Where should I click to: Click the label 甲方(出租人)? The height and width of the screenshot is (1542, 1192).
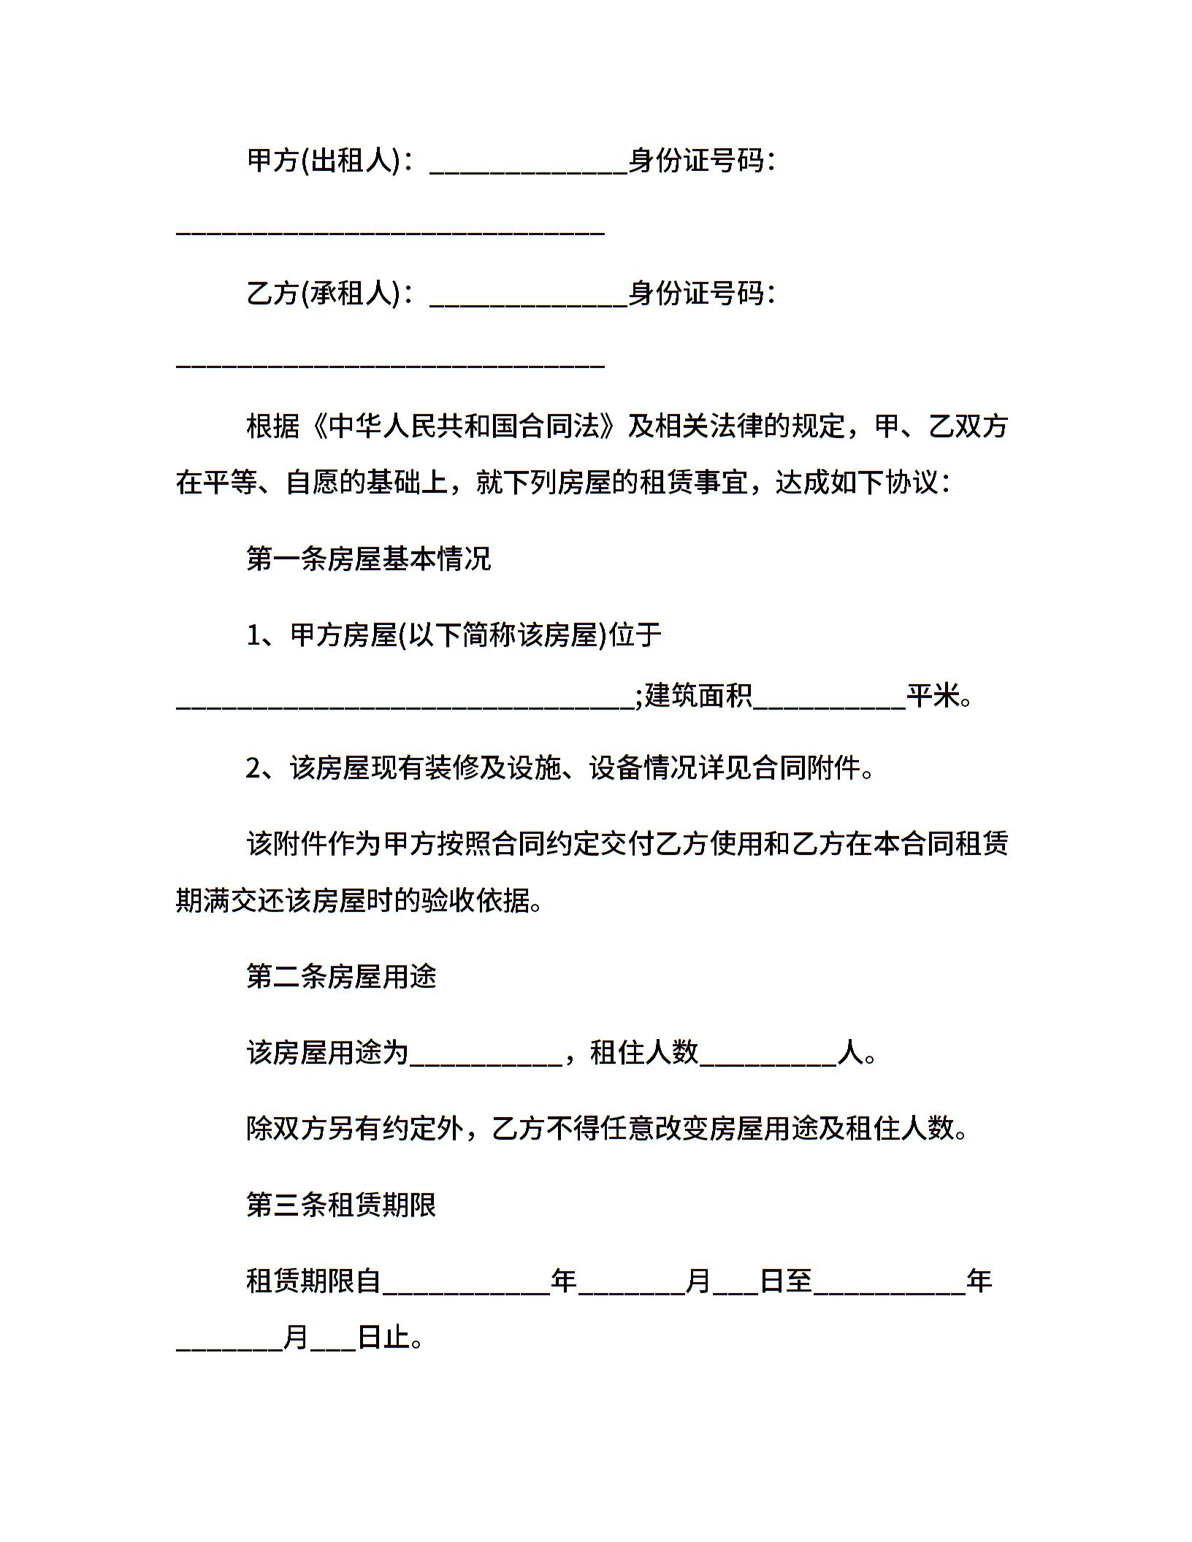click(x=324, y=161)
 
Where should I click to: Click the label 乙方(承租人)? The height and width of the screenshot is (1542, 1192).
click(x=324, y=294)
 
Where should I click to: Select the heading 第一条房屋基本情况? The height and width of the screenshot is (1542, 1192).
click(x=369, y=559)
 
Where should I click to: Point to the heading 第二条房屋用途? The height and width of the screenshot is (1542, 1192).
click(x=341, y=977)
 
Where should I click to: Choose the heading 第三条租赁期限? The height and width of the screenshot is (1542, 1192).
click(x=341, y=1205)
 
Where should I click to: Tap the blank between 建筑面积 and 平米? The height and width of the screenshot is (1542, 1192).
click(x=830, y=704)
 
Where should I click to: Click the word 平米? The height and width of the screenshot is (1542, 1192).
click(x=933, y=696)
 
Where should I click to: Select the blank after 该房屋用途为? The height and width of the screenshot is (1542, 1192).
click(x=486, y=1061)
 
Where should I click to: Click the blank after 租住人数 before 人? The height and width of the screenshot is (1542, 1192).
click(x=768, y=1061)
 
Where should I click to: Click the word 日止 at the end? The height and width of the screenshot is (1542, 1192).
click(x=383, y=1338)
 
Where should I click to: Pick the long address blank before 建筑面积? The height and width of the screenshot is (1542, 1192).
click(x=405, y=704)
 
